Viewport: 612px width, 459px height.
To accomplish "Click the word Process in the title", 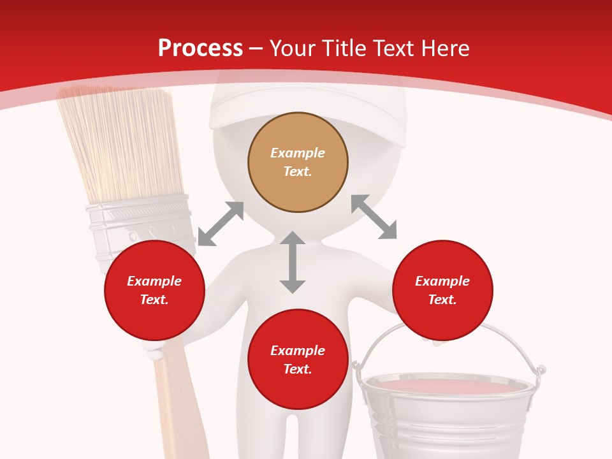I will point(200,48).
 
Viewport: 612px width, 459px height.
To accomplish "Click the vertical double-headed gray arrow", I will point(293,262).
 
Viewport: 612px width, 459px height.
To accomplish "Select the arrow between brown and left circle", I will point(221,224).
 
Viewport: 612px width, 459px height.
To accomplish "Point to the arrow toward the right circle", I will point(374,217).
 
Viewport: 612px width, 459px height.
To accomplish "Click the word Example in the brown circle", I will point(298,153).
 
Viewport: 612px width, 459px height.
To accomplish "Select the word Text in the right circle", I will point(442,300).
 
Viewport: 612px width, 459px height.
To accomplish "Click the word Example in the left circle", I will point(154,281).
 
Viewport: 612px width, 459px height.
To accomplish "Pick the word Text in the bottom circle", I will point(297,369).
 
